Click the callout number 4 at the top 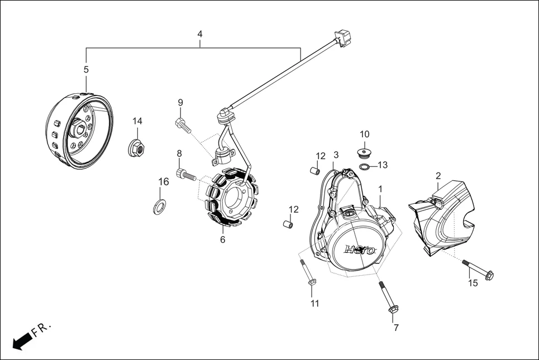pos(200,35)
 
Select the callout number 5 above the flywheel pos(86,70)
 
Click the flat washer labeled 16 pos(159,206)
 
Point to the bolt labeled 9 pos(181,124)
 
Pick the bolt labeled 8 pos(184,174)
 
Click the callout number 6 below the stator pos(222,240)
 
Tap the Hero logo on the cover pos(360,249)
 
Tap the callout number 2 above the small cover pos(438,176)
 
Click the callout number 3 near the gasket pos(336,155)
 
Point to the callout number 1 pos(380,189)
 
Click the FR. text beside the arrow pos(42,329)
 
